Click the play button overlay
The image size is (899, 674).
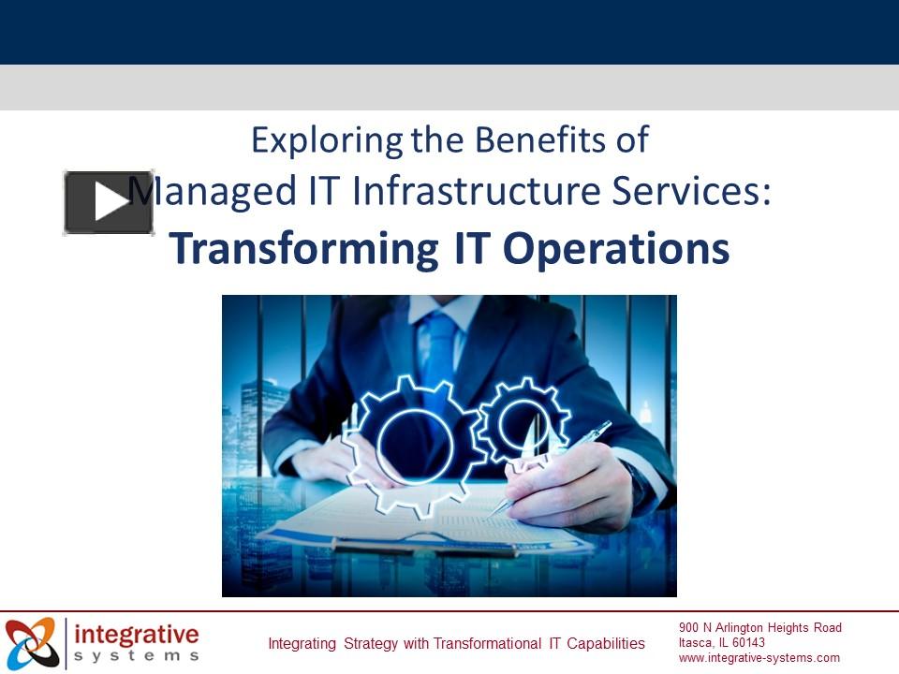109,202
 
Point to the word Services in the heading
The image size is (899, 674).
697,192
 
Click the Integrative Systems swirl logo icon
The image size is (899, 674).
32,642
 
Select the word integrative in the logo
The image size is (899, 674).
137,634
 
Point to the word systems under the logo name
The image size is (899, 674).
137,656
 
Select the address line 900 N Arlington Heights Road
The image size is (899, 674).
760,627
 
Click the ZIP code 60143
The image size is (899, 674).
748,642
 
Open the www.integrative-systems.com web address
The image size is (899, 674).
759,657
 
